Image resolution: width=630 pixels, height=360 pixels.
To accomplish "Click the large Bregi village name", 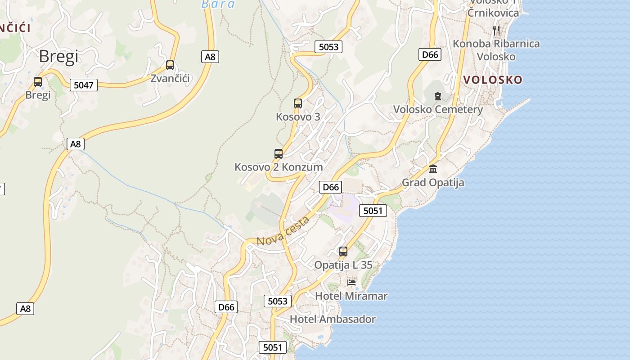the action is [58, 56].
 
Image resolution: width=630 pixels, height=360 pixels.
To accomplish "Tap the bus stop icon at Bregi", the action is [38, 82].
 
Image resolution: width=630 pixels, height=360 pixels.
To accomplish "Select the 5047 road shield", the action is [84, 85].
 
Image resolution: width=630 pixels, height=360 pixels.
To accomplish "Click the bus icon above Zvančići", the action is [170, 65].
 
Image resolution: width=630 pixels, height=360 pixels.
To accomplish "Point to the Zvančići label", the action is [170, 78].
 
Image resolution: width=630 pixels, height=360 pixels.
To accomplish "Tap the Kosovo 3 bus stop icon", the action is [298, 103].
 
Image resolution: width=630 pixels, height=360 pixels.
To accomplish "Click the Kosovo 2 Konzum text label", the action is [279, 167].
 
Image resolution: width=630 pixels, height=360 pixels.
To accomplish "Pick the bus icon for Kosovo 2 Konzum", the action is [279, 154].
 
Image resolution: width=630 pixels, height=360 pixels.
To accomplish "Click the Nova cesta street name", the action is [283, 231].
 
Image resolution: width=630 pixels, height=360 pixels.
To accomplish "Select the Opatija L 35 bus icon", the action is [343, 252].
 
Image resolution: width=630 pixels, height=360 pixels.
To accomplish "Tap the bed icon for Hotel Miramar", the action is [351, 282].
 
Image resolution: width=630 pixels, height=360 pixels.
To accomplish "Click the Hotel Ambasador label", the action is [333, 319].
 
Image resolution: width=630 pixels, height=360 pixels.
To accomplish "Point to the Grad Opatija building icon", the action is [433, 169].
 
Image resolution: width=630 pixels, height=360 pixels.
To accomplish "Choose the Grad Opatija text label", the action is [433, 183].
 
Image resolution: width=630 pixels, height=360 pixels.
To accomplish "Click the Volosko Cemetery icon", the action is [438, 96].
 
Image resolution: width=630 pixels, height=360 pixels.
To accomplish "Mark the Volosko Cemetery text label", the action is [438, 109].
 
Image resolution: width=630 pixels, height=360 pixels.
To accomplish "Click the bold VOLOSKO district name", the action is [493, 80].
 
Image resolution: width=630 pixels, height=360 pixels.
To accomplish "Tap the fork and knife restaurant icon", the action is [496, 31].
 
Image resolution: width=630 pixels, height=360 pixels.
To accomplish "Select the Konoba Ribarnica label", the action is [496, 44].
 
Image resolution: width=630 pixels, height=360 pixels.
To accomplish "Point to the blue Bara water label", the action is [218, 4].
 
